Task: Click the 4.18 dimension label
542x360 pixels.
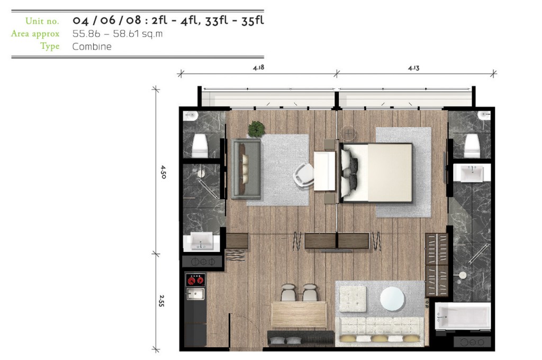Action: pos(258,67)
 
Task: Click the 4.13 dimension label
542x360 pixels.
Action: pos(413,68)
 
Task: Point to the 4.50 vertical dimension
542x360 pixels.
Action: pos(164,172)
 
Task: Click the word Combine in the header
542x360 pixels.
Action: pos(92,47)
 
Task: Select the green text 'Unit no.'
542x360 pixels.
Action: pos(42,21)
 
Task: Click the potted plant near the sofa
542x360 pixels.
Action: pos(256,129)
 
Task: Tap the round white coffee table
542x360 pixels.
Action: pos(392,299)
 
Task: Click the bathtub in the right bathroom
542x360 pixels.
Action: pos(463,316)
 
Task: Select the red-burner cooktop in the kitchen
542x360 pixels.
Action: pos(196,280)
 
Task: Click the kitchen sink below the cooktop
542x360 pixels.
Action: pos(195,294)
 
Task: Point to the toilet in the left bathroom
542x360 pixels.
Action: pos(200,145)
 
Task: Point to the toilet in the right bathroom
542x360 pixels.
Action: pos(472,146)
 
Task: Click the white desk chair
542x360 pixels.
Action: pos(303,175)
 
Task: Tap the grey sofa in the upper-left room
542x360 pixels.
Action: pos(246,169)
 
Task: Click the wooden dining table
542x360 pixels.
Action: pos(299,314)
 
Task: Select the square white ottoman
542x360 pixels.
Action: pos(353,299)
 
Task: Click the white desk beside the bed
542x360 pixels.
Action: pos(324,171)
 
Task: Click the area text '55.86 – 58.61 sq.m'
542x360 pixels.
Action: pos(118,33)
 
